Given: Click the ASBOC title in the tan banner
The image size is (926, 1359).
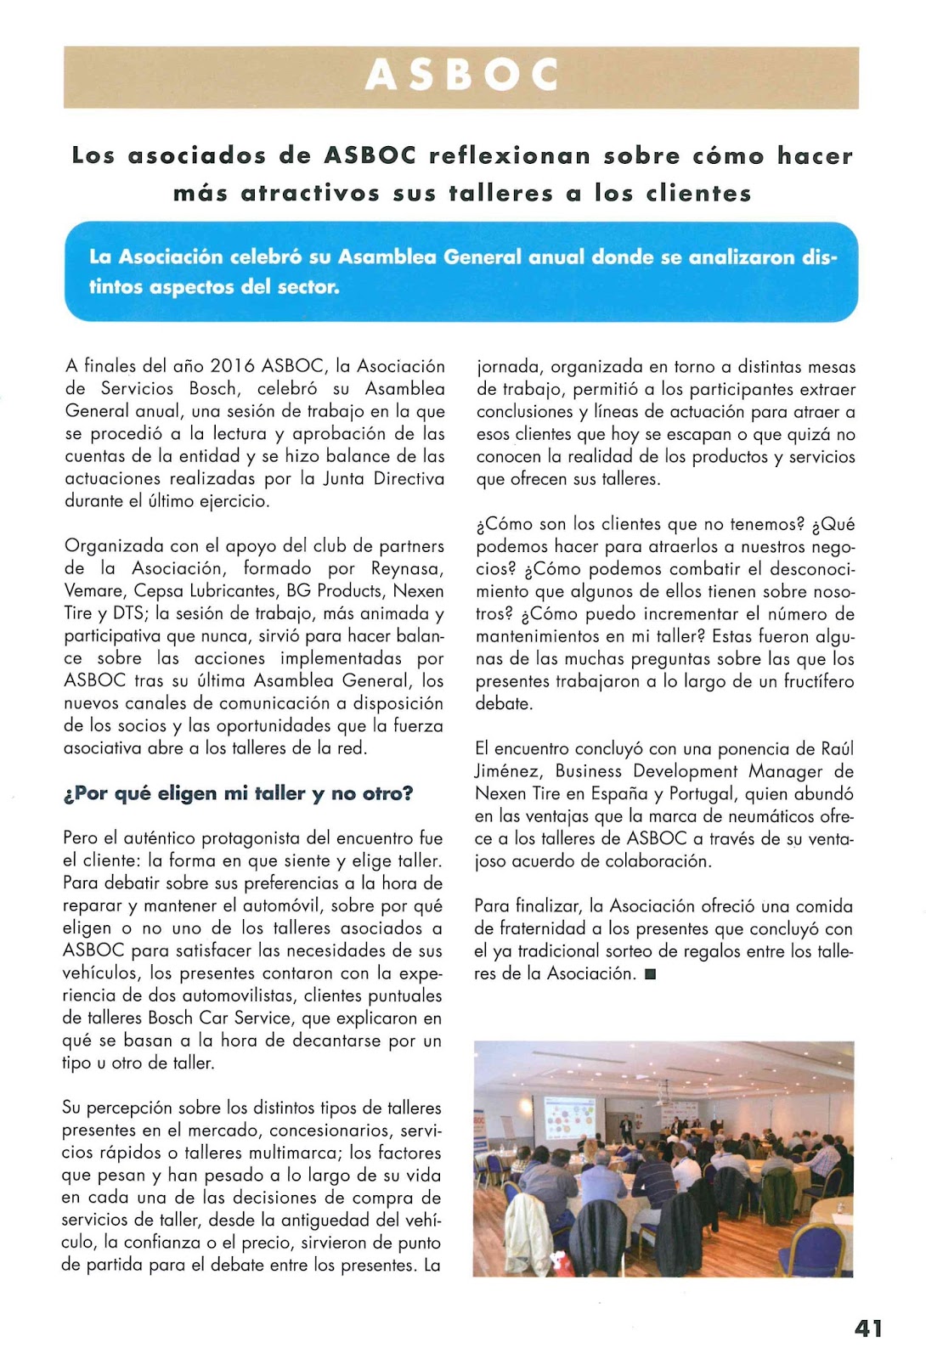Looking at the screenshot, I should (x=461, y=76).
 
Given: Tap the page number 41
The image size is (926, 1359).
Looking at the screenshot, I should (x=868, y=1328).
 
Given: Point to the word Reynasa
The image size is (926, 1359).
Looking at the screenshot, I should (x=407, y=568).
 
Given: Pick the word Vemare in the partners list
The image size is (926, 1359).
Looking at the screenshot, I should (x=94, y=591).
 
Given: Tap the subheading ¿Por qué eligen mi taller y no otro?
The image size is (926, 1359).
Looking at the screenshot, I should (x=238, y=793).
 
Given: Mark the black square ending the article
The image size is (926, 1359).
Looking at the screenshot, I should (x=651, y=974).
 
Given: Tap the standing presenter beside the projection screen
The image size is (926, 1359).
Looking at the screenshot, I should (x=626, y=1129).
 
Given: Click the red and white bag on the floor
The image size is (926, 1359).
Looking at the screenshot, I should (x=559, y=1262).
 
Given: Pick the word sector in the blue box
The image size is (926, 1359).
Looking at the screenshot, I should (x=308, y=287).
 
